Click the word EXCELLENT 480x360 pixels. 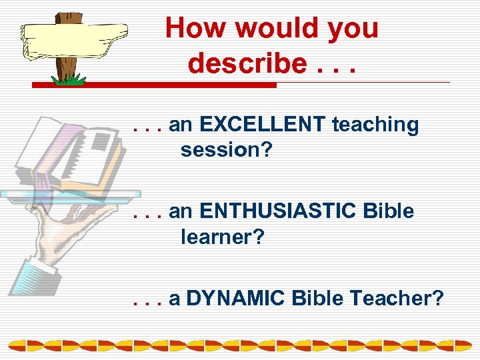tap(261, 125)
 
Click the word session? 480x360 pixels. tap(227, 149)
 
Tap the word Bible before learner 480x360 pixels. tap(389, 211)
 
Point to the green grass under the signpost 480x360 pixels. tap(69, 79)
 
